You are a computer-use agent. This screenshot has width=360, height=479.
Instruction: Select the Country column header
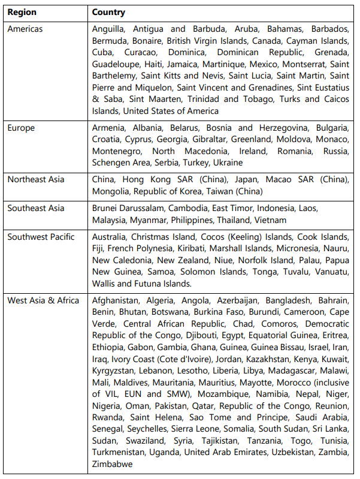coord(108,12)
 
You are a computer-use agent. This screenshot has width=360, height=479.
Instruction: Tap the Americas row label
coord(25,29)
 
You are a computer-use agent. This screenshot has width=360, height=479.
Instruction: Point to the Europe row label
coord(21,128)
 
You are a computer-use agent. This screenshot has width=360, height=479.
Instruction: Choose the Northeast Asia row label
coord(35,179)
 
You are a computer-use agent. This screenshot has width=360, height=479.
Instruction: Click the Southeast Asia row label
coord(36,208)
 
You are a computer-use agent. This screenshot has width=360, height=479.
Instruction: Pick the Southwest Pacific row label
coord(41,237)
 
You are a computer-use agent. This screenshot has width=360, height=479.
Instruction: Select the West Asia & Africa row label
coord(43,300)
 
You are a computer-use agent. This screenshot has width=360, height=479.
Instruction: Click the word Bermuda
coord(108,41)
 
